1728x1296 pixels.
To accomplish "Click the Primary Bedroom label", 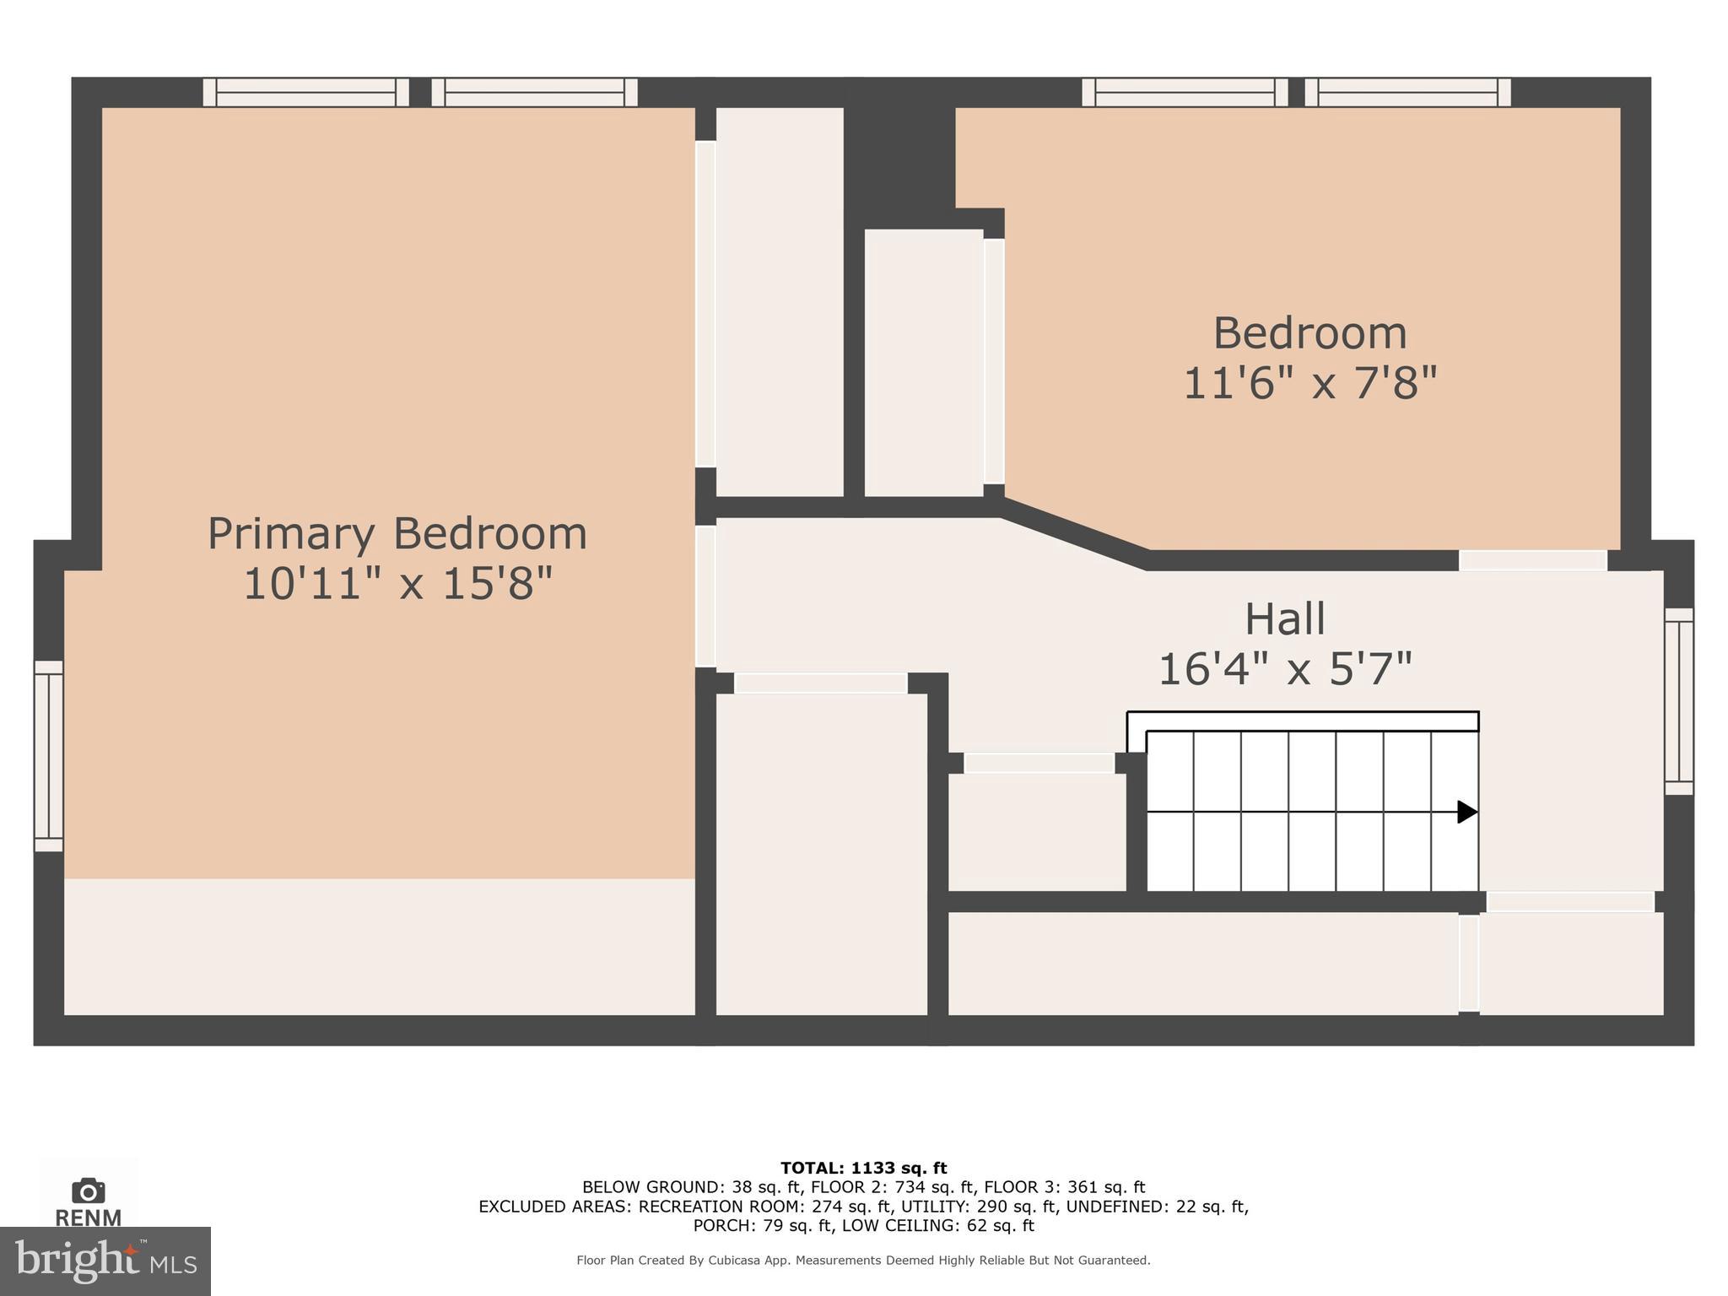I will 397,533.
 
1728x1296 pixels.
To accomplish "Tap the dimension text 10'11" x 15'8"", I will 397,583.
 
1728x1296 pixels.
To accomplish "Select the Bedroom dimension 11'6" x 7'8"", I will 1309,382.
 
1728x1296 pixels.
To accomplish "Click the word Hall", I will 1285,618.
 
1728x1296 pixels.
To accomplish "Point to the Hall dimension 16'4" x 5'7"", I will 1285,669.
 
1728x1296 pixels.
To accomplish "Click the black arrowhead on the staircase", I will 1467,812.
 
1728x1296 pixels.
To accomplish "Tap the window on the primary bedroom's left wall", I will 49,756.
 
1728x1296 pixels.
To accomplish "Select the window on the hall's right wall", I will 1679,701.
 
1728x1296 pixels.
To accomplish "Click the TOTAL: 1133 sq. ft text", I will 863,1168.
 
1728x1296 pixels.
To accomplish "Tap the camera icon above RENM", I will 89,1191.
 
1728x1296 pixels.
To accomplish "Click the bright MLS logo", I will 105,1261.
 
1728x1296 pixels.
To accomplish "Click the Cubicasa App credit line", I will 863,1260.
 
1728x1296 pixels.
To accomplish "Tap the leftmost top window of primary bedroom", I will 306,92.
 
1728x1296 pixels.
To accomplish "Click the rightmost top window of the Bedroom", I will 1407,92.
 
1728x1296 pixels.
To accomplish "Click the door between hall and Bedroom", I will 1532,560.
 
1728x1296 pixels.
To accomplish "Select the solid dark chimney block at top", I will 899,152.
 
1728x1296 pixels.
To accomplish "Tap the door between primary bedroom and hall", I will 705,597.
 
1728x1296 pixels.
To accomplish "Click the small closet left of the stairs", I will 1037,831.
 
